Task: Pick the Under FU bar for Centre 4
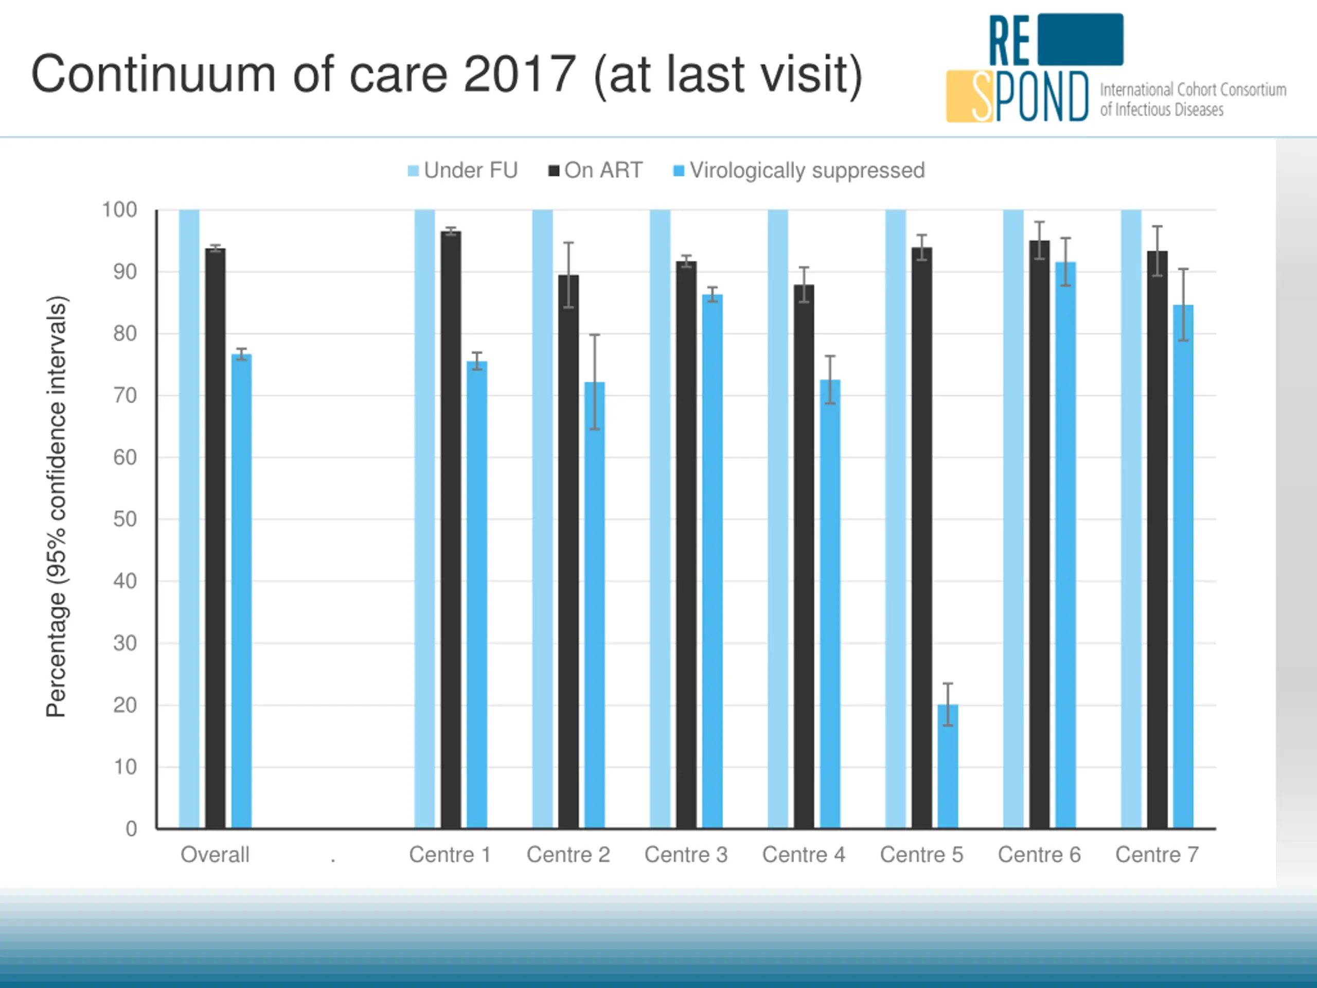point(777,518)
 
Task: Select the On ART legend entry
point(595,170)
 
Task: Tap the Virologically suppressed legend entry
point(799,170)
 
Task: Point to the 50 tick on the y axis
point(125,519)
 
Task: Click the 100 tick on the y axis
point(120,209)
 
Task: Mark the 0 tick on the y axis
point(132,828)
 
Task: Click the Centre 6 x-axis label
point(1039,855)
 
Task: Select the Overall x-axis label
point(215,855)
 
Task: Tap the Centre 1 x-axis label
point(450,855)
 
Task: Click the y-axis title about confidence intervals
point(57,506)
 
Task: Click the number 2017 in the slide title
point(519,74)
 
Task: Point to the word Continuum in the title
point(153,74)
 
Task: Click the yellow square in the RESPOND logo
point(960,96)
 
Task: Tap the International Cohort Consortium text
point(1193,90)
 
